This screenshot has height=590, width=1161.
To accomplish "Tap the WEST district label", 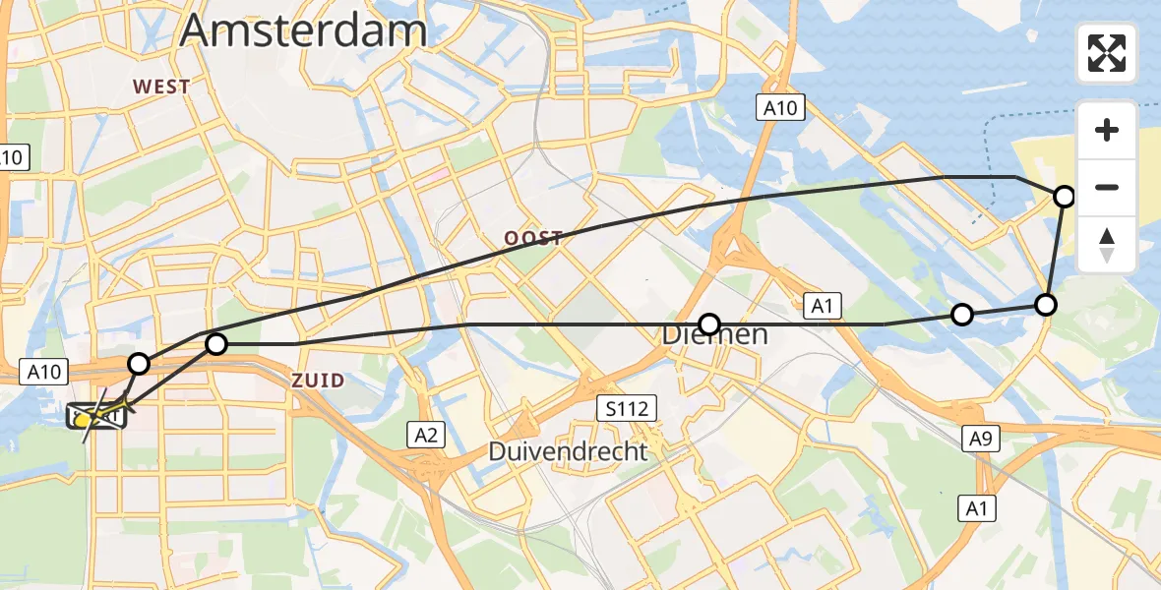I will pos(161,87).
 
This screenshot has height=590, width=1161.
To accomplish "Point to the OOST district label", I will pos(533,238).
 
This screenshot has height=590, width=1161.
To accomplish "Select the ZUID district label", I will pos(318,381).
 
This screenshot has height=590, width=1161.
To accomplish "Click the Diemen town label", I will pos(714,335).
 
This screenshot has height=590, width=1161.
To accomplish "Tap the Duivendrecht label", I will pos(569,451).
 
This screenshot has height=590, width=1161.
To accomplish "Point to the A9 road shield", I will pos(981,441).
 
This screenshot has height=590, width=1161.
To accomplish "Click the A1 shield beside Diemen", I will pos(823,307).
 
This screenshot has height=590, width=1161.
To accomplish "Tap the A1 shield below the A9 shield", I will pos(977,507).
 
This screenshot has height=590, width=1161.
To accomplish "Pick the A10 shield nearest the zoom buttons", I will pos(781,107).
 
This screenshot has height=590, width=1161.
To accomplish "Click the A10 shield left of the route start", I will pos(45,372).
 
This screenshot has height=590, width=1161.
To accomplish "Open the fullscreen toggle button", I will pos(1107,53).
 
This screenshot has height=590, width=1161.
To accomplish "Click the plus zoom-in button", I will pos(1107,130).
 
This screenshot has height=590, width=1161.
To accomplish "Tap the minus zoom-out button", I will pos(1107,187).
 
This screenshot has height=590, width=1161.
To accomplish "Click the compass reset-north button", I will pos(1107,245).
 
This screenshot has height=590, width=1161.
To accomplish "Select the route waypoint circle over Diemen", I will pos(709,324).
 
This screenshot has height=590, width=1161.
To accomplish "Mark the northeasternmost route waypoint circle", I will pos(1065,197).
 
